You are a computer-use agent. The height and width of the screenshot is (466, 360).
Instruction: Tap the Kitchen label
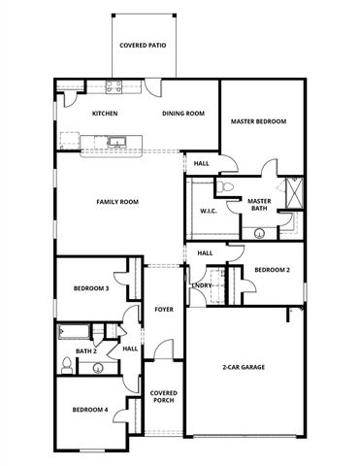coord(106,114)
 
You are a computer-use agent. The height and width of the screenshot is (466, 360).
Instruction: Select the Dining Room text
coord(182,114)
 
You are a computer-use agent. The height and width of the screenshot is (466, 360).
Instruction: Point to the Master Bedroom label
coord(257,121)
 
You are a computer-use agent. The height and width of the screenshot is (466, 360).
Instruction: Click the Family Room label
coord(117,202)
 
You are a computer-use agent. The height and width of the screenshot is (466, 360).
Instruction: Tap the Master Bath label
coord(258,205)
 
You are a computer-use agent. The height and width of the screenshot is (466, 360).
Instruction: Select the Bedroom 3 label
coord(91,288)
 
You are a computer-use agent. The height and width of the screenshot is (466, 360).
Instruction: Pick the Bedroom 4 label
coord(90,410)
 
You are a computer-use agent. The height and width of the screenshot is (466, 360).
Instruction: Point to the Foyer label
coord(164,309)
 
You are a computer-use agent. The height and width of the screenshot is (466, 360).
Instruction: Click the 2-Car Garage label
coord(245,367)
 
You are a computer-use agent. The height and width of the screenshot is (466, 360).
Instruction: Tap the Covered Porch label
coord(163,397)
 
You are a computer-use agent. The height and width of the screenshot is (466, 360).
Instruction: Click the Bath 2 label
coord(85,350)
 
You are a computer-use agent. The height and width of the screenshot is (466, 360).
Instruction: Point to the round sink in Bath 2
coord(95,368)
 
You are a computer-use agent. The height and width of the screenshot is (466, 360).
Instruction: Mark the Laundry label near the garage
coord(202,285)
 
